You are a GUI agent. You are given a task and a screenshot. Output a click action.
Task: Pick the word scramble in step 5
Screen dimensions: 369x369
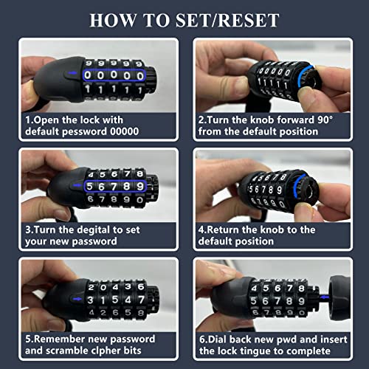70,349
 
